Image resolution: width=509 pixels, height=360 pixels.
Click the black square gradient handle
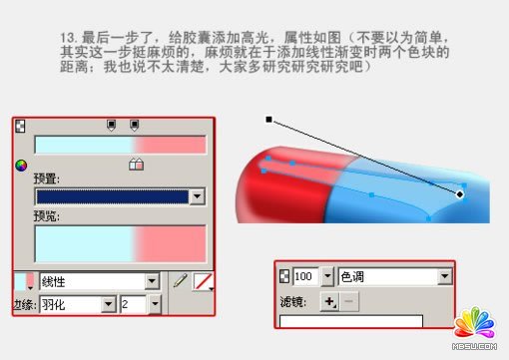(268, 120)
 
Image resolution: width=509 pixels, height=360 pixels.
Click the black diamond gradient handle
(460, 193)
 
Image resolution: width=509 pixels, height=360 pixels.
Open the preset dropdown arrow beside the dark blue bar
(197, 196)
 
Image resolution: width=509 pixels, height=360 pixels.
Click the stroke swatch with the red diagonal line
(204, 281)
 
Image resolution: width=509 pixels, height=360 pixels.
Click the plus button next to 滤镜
(327, 300)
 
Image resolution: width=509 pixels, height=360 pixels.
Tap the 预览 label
(47, 213)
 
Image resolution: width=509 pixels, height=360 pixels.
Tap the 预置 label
(47, 179)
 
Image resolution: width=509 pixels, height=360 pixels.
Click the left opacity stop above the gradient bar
(112, 126)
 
